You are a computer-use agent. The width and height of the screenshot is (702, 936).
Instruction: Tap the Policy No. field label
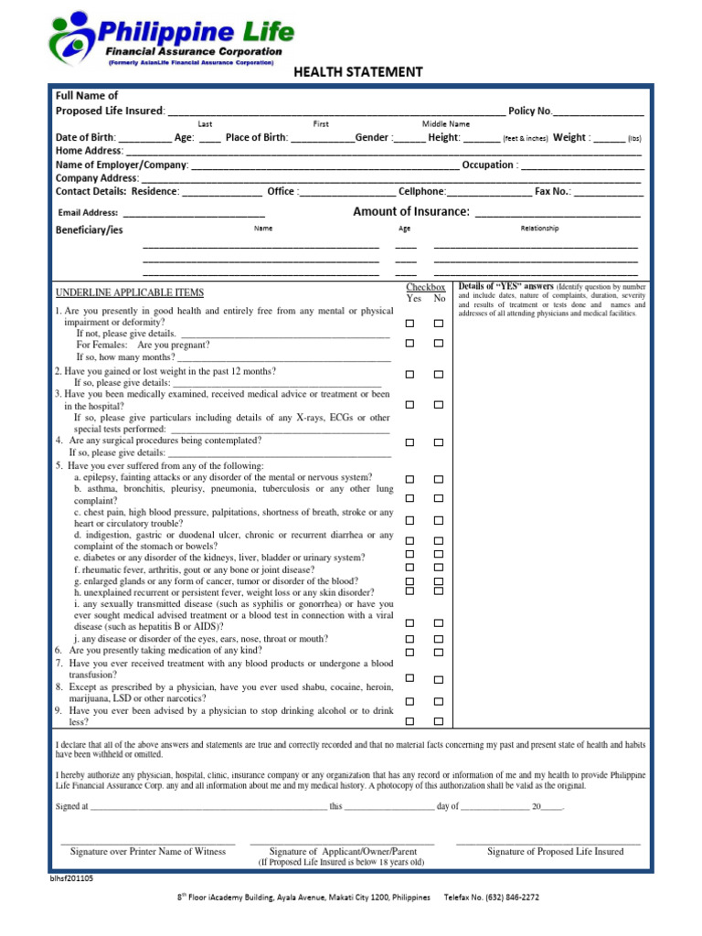(530, 111)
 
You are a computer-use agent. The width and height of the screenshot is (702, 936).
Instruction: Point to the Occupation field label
(489, 165)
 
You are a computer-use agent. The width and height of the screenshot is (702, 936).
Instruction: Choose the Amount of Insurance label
(411, 212)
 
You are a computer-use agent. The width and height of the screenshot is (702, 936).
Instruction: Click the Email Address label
(88, 213)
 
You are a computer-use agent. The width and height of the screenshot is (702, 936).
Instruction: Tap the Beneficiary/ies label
(90, 229)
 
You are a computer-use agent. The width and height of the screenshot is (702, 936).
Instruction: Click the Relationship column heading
(539, 229)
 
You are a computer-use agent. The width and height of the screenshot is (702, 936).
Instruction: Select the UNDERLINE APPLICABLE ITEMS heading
(130, 292)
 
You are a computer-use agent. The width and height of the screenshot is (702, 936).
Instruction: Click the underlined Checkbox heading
(425, 287)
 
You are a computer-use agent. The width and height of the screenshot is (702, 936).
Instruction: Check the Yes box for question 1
(410, 324)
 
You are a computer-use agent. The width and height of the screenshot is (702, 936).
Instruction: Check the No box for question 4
(439, 442)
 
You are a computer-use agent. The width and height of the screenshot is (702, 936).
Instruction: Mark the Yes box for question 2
(410, 375)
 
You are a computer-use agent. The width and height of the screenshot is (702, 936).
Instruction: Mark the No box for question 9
(439, 721)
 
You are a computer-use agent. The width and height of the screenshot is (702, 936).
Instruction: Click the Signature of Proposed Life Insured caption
(555, 851)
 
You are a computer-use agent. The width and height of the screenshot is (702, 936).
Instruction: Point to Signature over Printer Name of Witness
(148, 851)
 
